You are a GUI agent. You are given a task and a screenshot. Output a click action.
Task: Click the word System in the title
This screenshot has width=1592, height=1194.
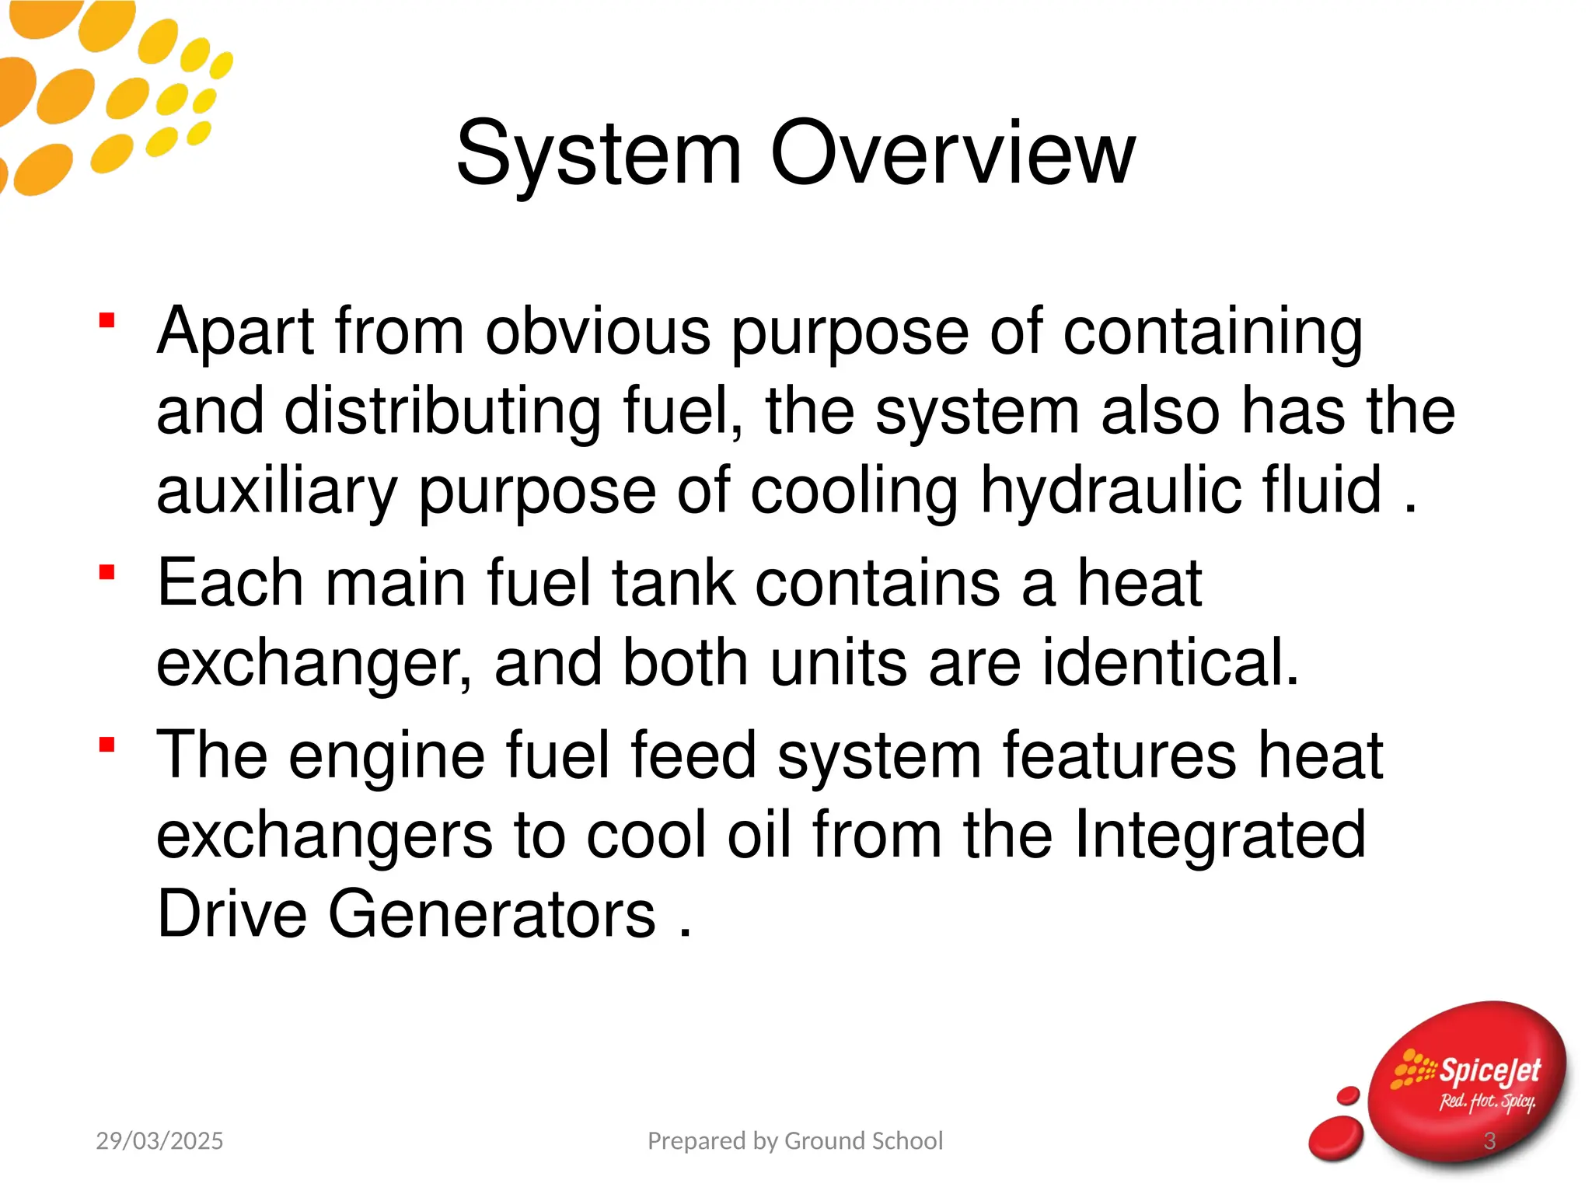[599, 154]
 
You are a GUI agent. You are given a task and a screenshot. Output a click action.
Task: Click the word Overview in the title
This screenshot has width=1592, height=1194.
[953, 154]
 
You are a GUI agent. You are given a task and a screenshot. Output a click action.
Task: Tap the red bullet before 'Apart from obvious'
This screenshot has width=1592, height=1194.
[107, 320]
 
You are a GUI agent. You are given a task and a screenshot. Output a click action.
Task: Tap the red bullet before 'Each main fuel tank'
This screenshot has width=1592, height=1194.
[107, 573]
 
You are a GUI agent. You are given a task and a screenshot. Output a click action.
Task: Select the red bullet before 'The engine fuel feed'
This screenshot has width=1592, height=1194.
[107, 745]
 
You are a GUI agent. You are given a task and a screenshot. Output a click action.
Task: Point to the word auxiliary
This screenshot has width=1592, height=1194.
[277, 491]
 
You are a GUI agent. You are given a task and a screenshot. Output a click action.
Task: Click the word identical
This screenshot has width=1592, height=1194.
[1170, 663]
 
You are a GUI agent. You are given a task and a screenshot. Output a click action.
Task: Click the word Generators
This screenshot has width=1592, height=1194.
[492, 915]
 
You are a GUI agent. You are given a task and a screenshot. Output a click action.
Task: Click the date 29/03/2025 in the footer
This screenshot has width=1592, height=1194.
[159, 1141]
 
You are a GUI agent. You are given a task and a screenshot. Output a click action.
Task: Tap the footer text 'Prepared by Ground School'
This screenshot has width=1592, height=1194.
[795, 1141]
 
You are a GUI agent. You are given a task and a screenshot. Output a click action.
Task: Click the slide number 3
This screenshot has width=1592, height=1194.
[1489, 1141]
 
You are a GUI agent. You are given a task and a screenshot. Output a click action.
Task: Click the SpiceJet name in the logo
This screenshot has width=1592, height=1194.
[1489, 1071]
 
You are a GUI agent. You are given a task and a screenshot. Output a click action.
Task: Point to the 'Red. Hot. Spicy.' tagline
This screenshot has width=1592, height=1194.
[1486, 1101]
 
